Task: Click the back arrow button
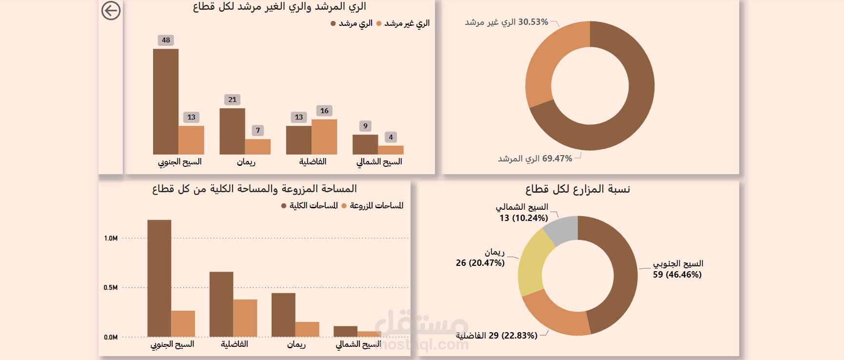111,10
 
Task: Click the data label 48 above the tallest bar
166,40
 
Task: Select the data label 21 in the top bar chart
232,100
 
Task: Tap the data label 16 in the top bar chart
324,111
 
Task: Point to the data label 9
365,126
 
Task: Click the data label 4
391,137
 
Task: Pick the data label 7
258,130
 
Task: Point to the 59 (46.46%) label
677,275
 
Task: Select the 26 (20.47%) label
480,263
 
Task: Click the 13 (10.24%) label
524,218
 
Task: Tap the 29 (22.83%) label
496,336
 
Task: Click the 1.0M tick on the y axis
111,239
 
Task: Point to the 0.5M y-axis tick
111,288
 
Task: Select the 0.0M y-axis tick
111,337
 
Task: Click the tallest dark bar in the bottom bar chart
159,278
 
